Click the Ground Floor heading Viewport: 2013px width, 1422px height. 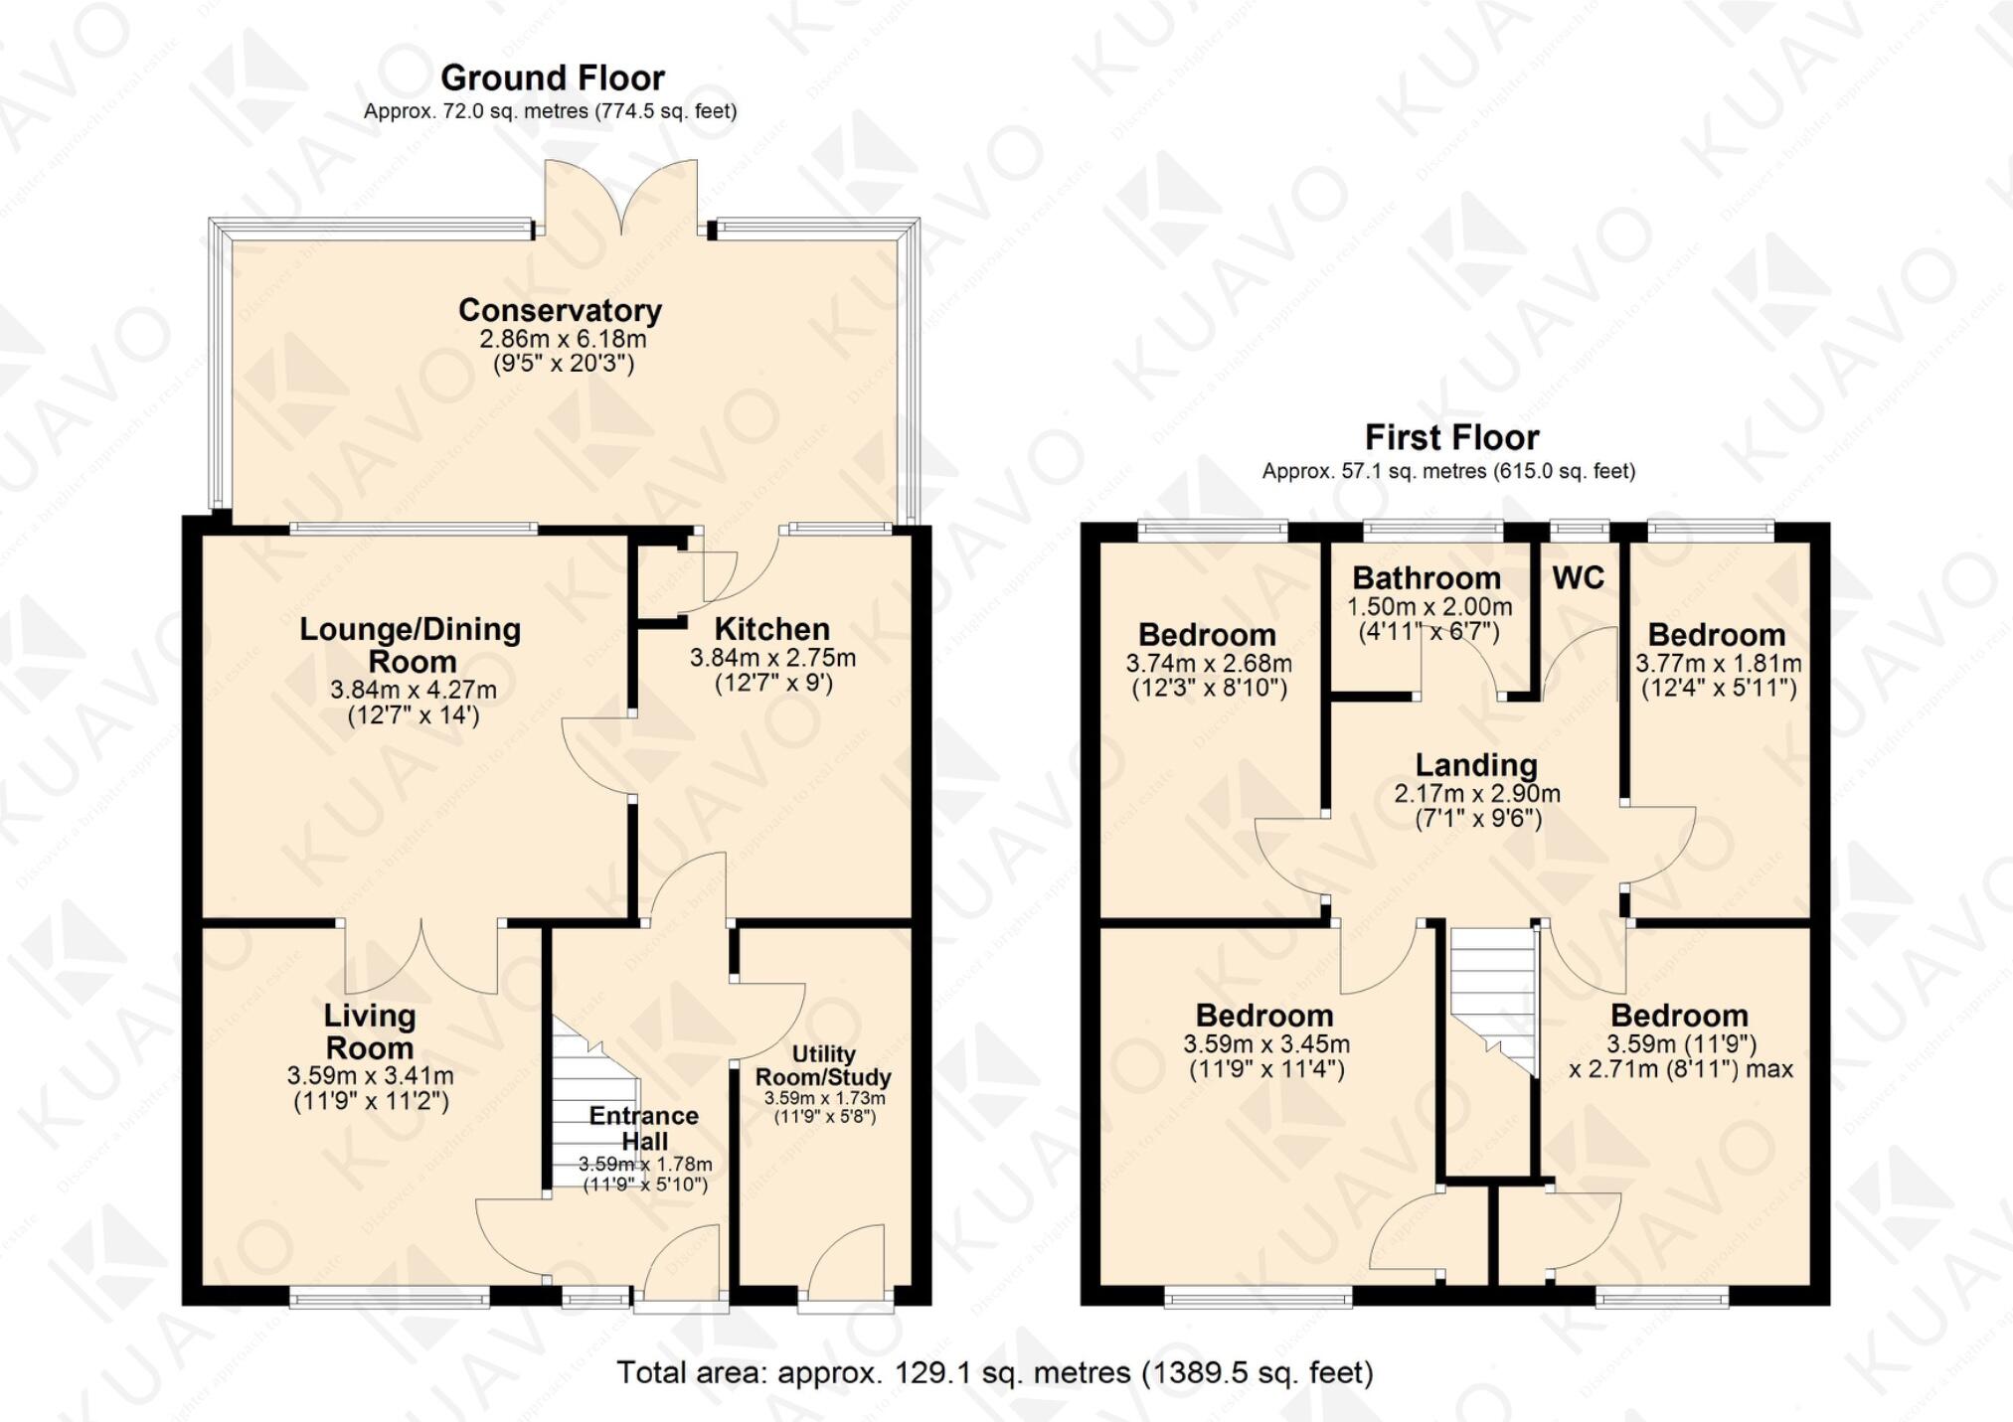(552, 78)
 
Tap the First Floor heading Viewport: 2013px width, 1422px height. (1451, 437)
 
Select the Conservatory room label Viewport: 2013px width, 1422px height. (560, 310)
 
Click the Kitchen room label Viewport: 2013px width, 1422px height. (771, 629)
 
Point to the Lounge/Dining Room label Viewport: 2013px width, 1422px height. (411, 645)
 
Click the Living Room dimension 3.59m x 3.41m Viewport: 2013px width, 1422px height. (370, 1075)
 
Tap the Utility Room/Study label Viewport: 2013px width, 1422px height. (823, 1065)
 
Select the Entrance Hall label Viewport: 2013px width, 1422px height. (644, 1128)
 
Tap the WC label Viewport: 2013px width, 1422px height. (1578, 578)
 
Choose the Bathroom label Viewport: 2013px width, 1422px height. (1426, 578)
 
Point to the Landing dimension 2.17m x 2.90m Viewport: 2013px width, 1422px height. (1476, 794)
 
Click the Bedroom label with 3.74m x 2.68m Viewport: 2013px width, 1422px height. (1207, 635)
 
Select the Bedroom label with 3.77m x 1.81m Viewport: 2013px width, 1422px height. (1716, 635)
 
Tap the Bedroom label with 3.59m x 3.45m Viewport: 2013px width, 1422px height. (1264, 1016)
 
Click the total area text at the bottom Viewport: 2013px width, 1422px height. (994, 1372)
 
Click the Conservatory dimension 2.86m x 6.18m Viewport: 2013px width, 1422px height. (563, 339)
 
